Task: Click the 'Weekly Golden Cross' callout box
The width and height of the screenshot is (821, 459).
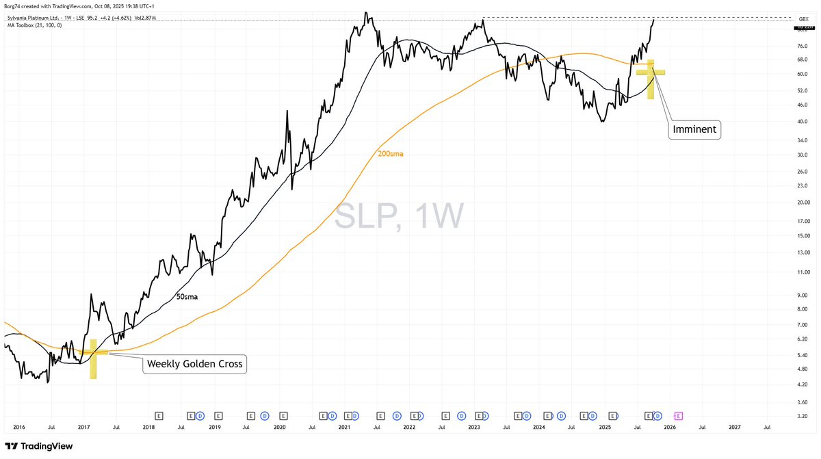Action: (x=194, y=364)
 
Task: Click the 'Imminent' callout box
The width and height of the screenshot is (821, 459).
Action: (x=694, y=129)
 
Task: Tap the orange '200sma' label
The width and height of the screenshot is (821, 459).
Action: (x=390, y=154)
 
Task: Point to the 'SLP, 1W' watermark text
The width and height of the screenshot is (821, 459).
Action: (x=400, y=216)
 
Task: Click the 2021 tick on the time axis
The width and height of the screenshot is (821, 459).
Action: (x=344, y=427)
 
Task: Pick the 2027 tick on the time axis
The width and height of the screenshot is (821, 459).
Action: (x=734, y=427)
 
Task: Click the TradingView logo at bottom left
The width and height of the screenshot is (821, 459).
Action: (x=38, y=446)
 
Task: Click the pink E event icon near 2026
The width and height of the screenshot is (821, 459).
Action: (x=679, y=415)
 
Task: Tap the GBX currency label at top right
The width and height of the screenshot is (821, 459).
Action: (x=804, y=18)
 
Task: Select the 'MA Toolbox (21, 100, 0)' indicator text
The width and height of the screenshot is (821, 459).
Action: (x=34, y=25)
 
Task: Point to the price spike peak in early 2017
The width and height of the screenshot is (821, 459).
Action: (x=91, y=295)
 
